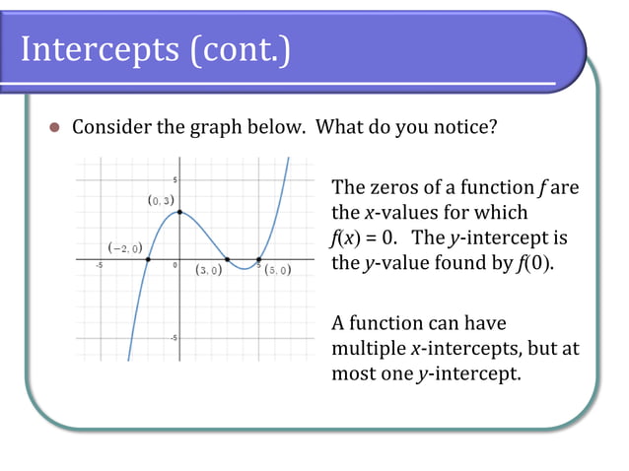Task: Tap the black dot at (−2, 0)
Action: tap(148, 259)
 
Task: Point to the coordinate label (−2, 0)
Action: tap(123, 247)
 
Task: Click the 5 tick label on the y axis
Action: tap(175, 180)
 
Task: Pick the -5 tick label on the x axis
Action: tap(99, 266)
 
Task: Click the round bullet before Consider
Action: tap(55, 128)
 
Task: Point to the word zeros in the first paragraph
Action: tap(392, 187)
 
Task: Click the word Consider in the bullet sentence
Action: tap(109, 128)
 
